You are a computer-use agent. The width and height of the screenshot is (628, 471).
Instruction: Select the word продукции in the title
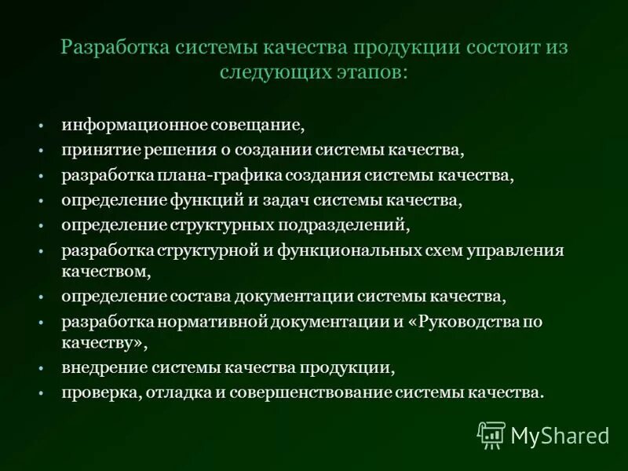(x=396, y=46)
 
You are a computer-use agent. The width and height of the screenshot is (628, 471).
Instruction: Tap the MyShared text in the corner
(x=559, y=435)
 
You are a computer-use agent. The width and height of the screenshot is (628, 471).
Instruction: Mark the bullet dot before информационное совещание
(x=39, y=125)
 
